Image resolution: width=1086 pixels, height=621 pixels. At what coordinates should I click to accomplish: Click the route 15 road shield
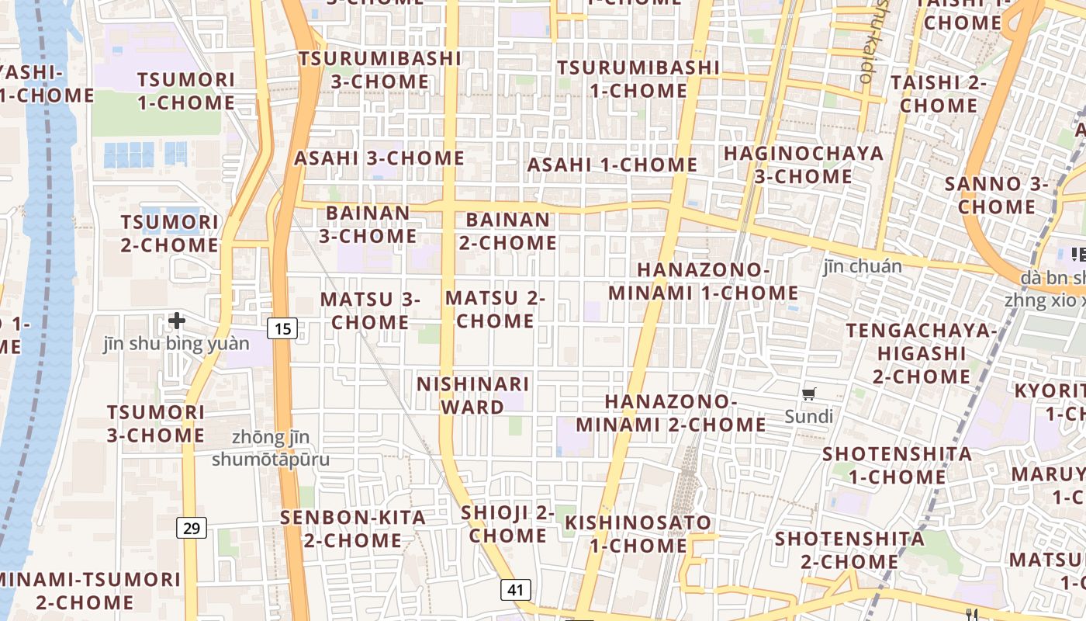coord(283,328)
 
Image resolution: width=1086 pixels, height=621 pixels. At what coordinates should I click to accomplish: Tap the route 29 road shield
coord(192,529)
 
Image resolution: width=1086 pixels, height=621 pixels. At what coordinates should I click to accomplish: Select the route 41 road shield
coord(516,589)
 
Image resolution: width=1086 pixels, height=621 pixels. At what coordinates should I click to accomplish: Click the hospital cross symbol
coord(177,320)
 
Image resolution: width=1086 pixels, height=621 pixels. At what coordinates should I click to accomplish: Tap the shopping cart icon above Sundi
coord(809,394)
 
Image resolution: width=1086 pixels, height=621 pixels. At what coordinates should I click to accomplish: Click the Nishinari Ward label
coord(472,395)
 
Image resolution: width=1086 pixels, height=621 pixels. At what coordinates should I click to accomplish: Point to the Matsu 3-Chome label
coord(370,310)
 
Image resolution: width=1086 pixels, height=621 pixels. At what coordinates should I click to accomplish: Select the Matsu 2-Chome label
coord(495,309)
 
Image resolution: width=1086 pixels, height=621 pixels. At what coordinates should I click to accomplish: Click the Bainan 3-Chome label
coord(368,224)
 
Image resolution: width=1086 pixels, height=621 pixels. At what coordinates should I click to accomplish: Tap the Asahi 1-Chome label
coord(612,165)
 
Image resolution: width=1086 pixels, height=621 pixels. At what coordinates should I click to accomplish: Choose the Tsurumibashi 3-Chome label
coord(379,70)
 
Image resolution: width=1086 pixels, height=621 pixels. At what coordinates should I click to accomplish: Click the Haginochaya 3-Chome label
coord(804,165)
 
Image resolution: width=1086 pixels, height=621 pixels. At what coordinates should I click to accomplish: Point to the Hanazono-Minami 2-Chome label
coord(671,413)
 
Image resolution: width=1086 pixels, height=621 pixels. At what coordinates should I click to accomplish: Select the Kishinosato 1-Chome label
coord(638,533)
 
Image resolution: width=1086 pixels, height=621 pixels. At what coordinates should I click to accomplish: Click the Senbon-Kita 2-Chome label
coord(353,529)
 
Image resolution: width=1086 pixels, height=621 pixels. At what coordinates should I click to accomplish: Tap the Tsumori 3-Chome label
coord(156,424)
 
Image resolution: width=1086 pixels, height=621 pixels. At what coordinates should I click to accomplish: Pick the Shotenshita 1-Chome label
coord(897,464)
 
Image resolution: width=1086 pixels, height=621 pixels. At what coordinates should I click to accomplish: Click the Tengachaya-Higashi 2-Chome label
coord(922,353)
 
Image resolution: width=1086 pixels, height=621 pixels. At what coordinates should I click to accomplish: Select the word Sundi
coord(808,417)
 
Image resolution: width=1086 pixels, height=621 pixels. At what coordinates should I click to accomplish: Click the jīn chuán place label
coord(862,266)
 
